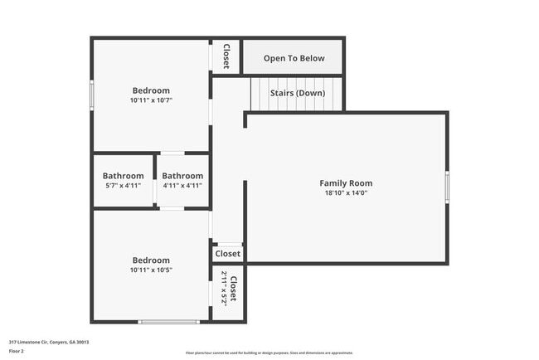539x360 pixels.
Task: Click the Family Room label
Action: click(x=346, y=183)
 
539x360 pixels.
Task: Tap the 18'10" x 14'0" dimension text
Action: click(x=346, y=192)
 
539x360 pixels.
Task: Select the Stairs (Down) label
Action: click(x=297, y=93)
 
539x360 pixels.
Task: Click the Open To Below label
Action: click(x=294, y=59)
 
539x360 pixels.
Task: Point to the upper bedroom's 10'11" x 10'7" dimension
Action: click(x=151, y=100)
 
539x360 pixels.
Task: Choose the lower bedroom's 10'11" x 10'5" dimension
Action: click(x=151, y=270)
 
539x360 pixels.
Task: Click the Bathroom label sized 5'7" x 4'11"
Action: click(x=123, y=176)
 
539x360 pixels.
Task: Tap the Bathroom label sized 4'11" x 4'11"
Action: click(x=182, y=176)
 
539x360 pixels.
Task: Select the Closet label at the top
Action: click(x=226, y=56)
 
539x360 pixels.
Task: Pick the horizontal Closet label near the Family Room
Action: click(x=228, y=254)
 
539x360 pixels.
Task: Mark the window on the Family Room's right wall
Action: click(x=447, y=187)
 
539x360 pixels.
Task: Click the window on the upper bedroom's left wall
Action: click(x=92, y=93)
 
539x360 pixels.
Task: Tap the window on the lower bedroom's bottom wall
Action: click(x=168, y=321)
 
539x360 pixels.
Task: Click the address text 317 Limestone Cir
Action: click(x=49, y=342)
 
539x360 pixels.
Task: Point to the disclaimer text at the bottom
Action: click(x=269, y=353)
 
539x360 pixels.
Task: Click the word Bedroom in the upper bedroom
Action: click(x=151, y=90)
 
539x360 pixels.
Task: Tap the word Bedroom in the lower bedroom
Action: click(x=151, y=260)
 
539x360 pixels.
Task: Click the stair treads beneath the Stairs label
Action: click(x=297, y=105)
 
